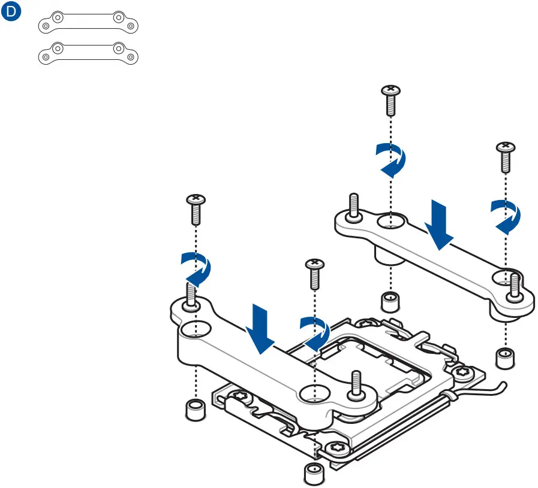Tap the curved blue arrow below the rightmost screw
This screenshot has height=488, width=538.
pyautogui.click(x=506, y=216)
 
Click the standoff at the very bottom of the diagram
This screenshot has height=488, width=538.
pyautogui.click(x=314, y=474)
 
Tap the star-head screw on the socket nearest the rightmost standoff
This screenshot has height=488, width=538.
pyautogui.click(x=462, y=373)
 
